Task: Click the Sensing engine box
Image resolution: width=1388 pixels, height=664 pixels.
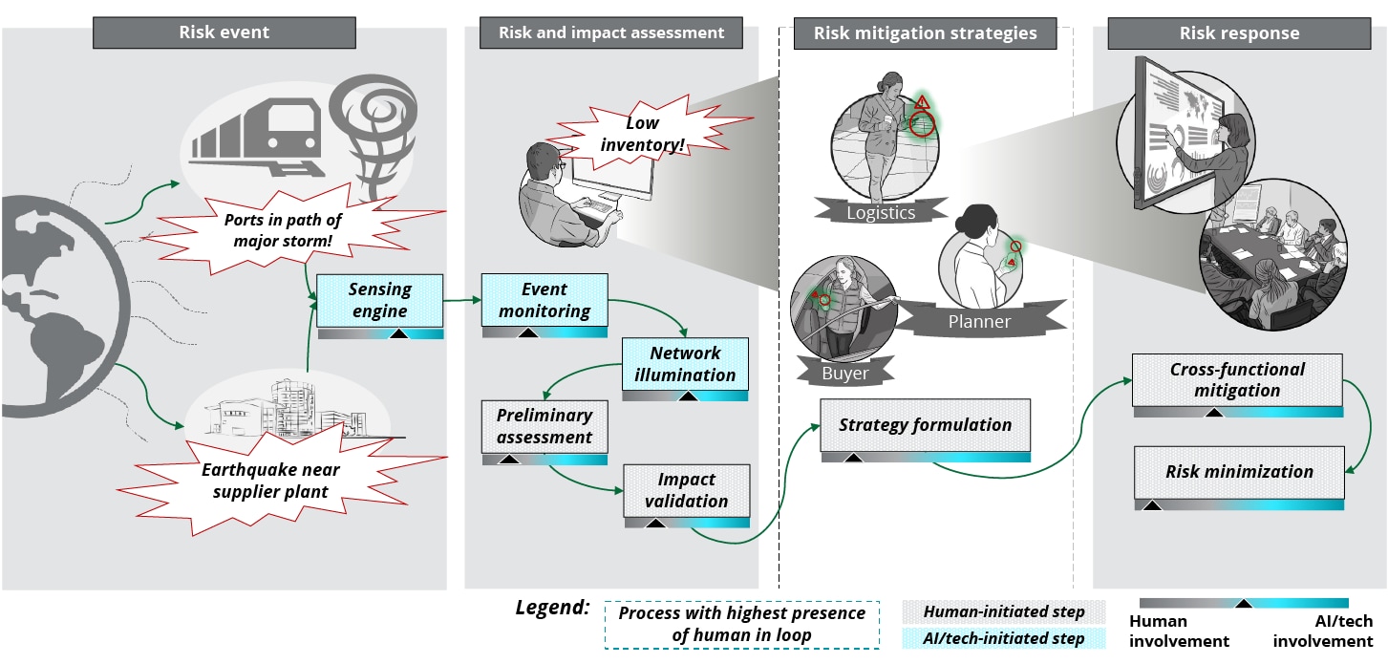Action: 379,300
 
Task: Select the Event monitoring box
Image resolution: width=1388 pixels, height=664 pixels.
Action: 544,300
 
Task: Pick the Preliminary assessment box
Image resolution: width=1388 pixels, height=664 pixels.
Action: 544,426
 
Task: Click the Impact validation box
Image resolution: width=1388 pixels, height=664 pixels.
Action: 686,490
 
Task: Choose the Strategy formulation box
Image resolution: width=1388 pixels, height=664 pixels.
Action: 925,425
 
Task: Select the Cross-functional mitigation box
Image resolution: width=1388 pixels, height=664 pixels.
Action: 1237,379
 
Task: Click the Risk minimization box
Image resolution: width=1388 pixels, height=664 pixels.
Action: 1239,472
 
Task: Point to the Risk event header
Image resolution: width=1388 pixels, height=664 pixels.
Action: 224,32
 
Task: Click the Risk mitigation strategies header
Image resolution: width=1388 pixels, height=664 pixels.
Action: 925,33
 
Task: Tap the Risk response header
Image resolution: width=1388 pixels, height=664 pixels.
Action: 1239,33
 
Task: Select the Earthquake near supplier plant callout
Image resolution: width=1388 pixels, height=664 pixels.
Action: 270,481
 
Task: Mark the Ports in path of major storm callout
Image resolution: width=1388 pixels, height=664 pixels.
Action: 282,230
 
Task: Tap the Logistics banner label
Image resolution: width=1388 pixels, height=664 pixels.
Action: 881,212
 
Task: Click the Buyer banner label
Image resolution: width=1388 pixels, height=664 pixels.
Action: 845,374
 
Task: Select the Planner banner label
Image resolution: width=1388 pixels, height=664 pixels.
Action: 978,321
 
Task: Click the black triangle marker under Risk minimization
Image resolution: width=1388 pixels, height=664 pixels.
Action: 1152,503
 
